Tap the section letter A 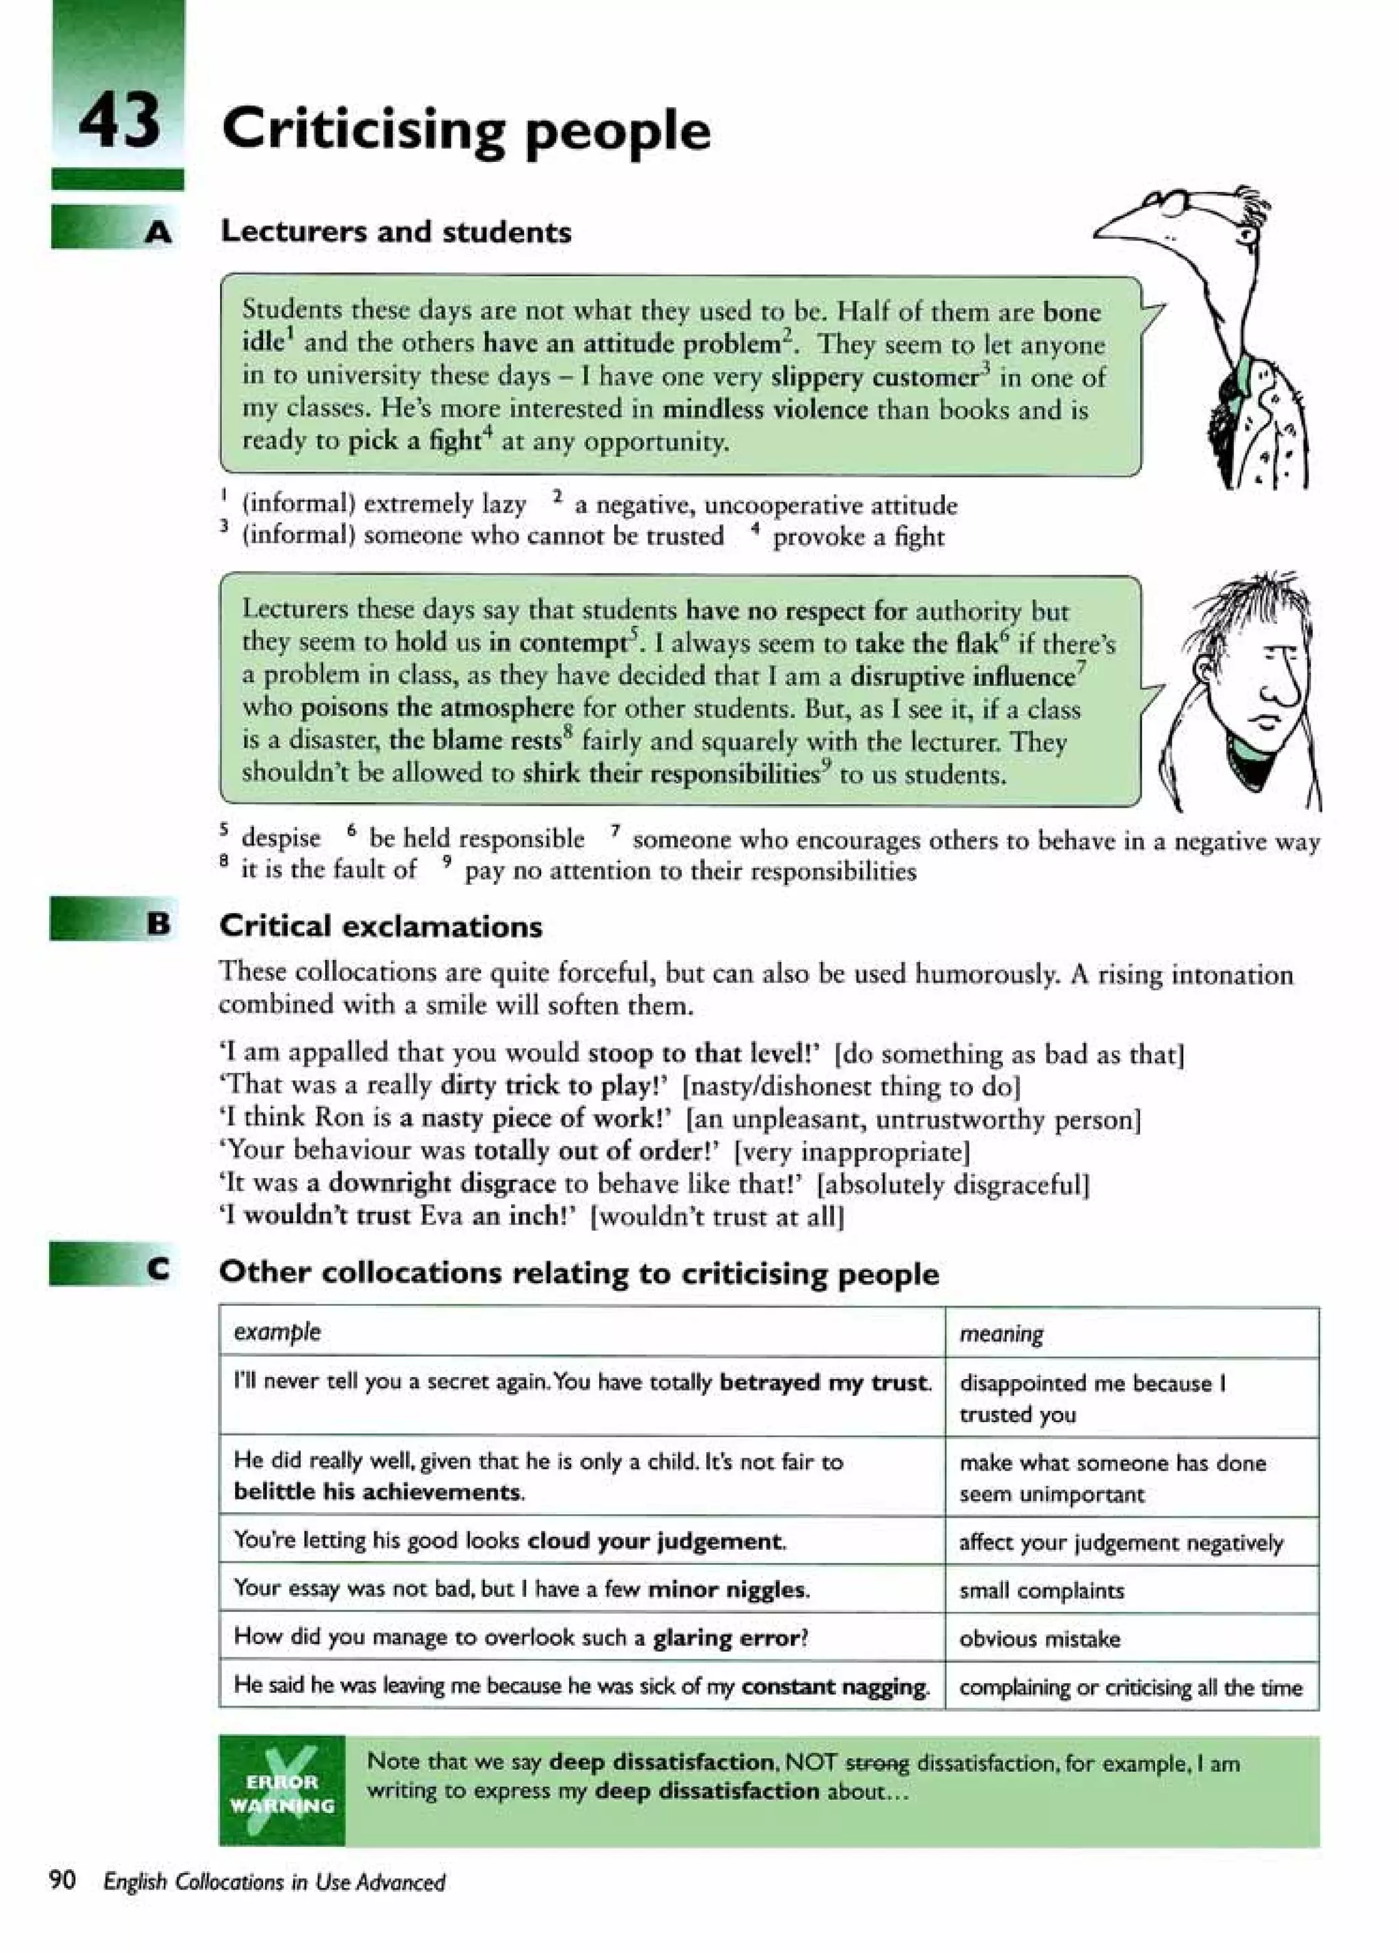coord(158,232)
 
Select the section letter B coord(158,924)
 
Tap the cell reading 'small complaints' coord(1041,1590)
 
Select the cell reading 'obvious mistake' coord(1039,1639)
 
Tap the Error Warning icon coord(281,1792)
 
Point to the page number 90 coord(63,1881)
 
